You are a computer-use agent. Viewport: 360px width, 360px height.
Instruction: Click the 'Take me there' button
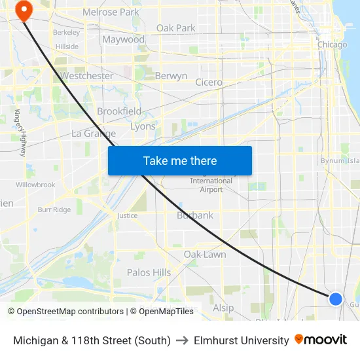(180, 161)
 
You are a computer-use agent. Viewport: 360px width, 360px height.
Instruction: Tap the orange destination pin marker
(25, 10)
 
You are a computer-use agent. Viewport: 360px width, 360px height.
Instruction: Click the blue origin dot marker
(335, 299)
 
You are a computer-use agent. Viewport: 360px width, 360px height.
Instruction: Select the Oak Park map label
(175, 28)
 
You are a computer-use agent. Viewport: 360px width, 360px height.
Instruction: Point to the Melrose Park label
(111, 12)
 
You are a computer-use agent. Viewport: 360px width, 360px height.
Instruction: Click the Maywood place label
(123, 40)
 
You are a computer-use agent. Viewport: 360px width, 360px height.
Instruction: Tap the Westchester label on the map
(86, 76)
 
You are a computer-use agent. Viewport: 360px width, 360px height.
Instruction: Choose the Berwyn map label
(171, 76)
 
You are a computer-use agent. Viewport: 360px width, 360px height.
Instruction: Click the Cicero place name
(208, 82)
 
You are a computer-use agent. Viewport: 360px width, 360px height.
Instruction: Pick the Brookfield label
(119, 111)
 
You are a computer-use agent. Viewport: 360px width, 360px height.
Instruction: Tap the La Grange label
(94, 134)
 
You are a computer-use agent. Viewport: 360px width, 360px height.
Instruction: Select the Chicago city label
(332, 45)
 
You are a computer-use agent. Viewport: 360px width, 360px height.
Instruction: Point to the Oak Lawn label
(205, 254)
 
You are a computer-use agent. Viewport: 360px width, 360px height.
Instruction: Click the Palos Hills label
(149, 272)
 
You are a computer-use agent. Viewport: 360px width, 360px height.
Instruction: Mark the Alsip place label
(223, 308)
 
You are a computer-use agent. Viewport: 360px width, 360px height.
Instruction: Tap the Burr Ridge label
(54, 209)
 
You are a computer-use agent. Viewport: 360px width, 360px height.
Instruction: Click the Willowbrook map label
(35, 185)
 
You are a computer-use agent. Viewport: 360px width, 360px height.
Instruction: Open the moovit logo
(321, 340)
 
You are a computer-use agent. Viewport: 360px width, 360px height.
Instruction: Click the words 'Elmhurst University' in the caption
(242, 340)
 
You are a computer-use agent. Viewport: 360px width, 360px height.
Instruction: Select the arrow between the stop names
(182, 340)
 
